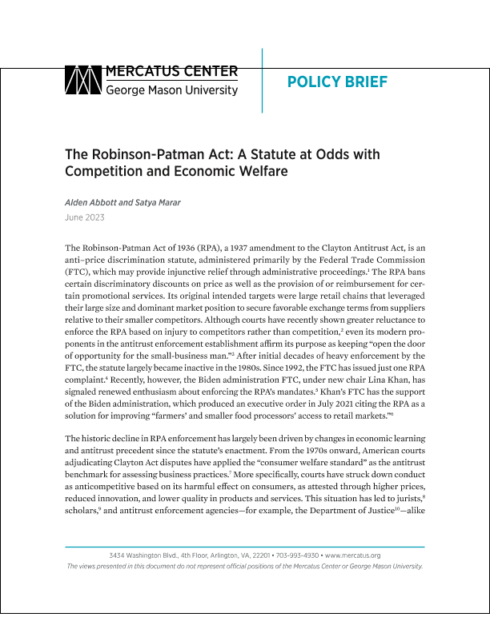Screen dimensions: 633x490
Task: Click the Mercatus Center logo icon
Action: (x=82, y=81)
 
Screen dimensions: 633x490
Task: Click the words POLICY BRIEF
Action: (x=325, y=82)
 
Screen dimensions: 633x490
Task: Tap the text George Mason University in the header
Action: (x=171, y=90)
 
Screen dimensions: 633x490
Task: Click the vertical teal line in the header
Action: (x=263, y=80)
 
